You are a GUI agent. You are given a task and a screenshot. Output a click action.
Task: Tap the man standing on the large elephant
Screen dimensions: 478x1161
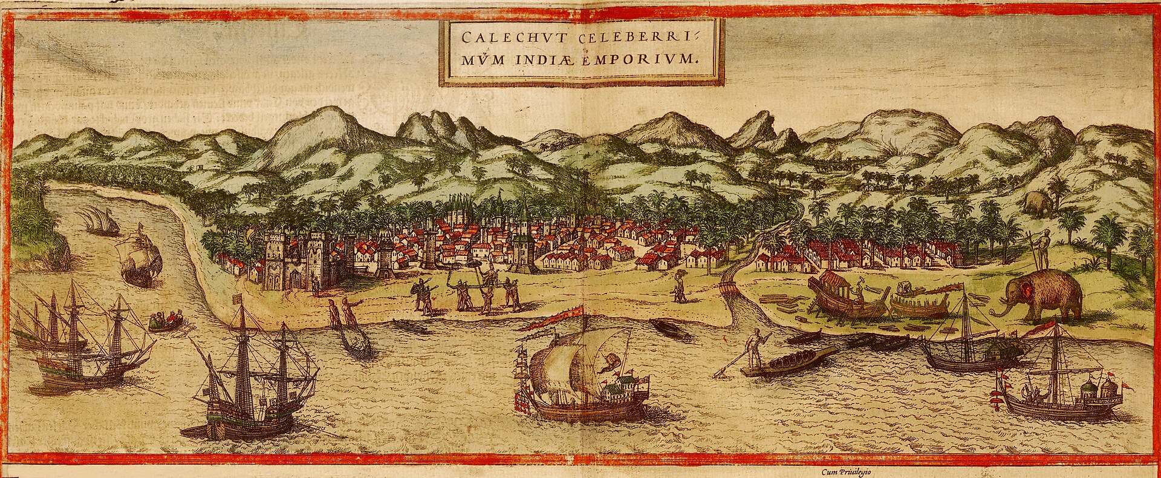click(1042, 248)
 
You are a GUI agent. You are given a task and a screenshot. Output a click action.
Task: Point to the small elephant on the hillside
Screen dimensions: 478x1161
click(1038, 203)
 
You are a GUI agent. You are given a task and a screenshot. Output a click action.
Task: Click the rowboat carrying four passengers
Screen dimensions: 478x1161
click(165, 321)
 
